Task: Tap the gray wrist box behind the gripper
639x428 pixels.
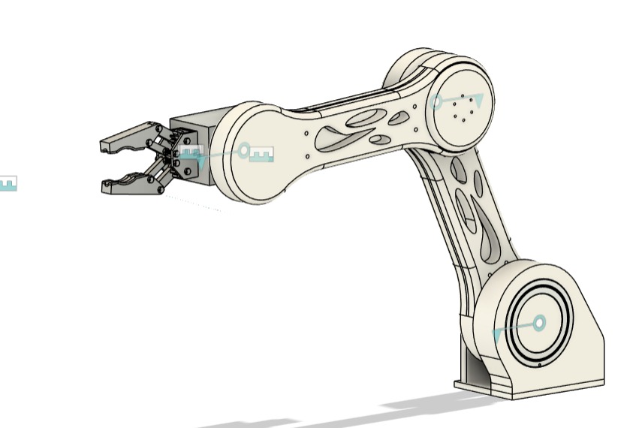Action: [x=197, y=128]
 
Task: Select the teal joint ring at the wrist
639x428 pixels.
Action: [x=243, y=151]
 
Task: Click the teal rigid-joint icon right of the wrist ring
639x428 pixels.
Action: [x=261, y=155]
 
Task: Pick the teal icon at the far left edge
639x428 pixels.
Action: [x=7, y=182]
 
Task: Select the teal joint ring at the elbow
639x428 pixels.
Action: [x=437, y=103]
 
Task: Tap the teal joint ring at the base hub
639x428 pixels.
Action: [x=538, y=324]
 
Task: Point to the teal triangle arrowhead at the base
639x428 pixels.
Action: [x=498, y=335]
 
